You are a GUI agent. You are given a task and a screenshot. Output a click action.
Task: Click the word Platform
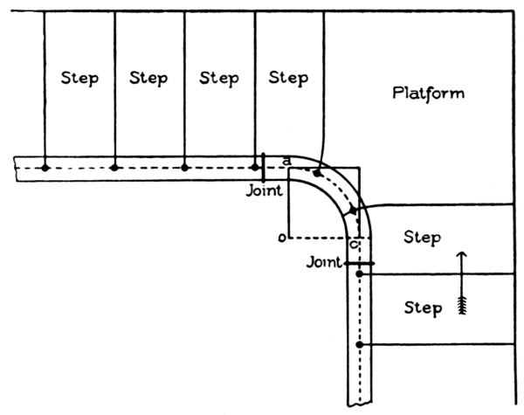coord(429,93)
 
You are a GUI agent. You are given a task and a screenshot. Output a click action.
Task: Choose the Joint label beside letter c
coord(323,261)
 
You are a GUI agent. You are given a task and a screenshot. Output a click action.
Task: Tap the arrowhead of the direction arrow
coord(463,256)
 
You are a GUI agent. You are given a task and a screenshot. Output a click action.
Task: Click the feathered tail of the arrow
coord(463,304)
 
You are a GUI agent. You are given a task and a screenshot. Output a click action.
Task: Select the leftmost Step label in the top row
coord(79,78)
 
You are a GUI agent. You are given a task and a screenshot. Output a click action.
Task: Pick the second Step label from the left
coord(148,78)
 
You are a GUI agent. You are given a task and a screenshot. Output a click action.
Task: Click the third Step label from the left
coord(218,78)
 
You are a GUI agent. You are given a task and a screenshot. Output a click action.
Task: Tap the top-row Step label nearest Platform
coord(288,78)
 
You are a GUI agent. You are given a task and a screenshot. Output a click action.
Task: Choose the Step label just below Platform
coord(422,237)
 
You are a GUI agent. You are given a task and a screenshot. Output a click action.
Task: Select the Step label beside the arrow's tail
coord(422,308)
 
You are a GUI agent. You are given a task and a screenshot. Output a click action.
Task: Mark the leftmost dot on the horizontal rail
coord(45,166)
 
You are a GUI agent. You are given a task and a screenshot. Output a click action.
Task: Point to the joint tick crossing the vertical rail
coord(359,262)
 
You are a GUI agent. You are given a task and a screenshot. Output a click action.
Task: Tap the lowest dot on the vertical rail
coord(359,345)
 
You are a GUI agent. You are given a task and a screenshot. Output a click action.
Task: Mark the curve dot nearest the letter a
coord(318,171)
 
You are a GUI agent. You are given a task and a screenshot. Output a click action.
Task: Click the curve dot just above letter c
coord(352,211)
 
